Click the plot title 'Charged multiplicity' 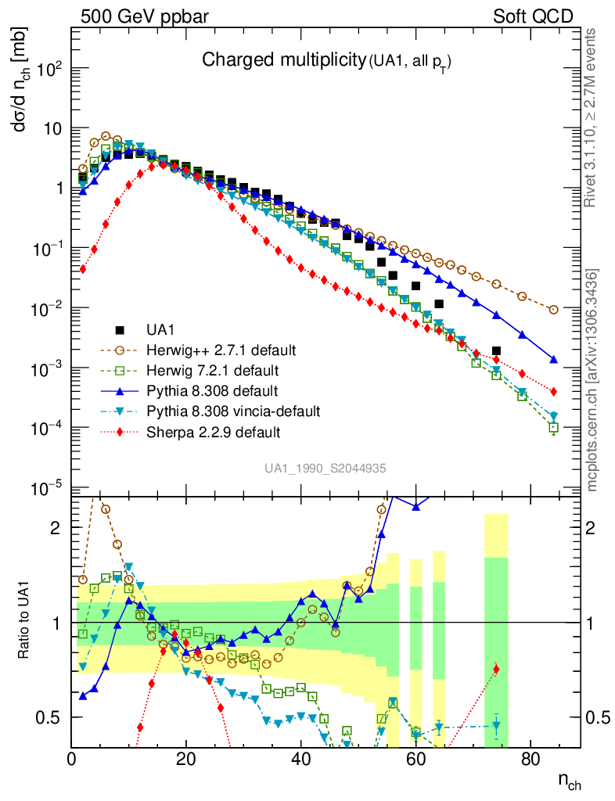[284, 60]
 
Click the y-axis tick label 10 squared [46, 69]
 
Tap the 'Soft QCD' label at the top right [533, 16]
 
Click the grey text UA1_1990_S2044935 [325, 468]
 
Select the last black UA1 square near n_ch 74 [496, 350]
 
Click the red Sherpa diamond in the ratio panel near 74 [496, 669]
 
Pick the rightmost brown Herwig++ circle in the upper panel [553, 310]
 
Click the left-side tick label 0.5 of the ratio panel [53, 717]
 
